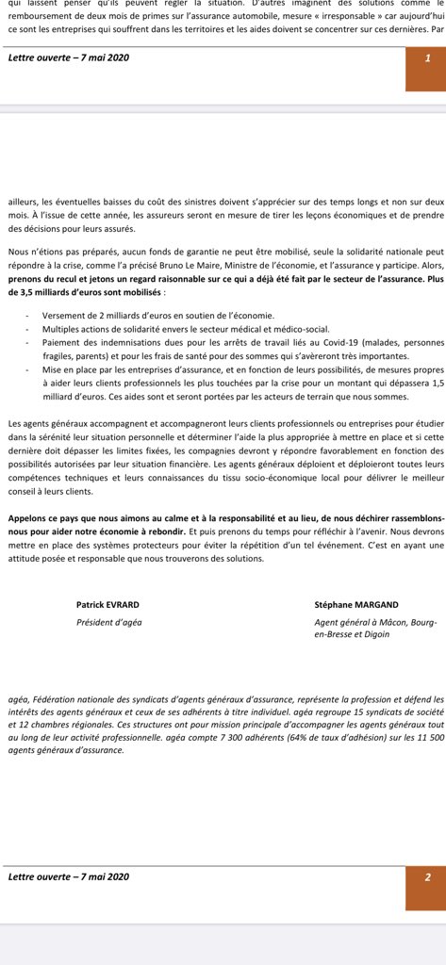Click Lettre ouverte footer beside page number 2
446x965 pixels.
coord(68,876)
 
